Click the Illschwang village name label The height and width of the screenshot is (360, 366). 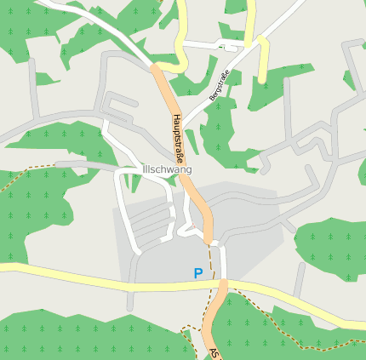coord(168,169)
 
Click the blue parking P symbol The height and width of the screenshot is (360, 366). coord(198,273)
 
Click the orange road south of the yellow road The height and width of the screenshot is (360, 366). coord(215,315)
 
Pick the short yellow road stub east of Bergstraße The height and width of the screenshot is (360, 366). coord(263,60)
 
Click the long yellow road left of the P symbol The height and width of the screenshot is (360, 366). coord(85,277)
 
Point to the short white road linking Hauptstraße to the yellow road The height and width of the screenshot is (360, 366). coord(218,260)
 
